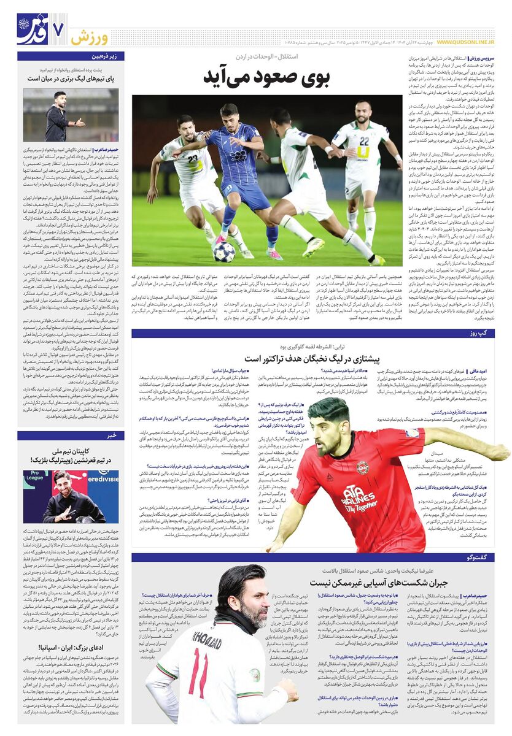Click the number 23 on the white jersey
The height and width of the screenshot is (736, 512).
(x=193, y=159)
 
